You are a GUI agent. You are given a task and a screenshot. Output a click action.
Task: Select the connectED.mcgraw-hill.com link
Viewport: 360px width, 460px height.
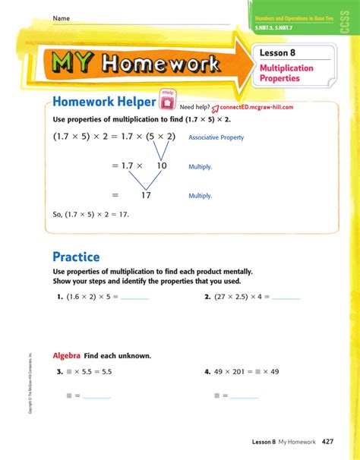click(254, 108)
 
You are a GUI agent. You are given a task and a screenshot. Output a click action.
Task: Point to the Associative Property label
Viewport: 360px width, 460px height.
click(216, 137)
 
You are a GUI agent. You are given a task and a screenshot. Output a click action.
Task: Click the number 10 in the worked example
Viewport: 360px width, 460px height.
click(162, 165)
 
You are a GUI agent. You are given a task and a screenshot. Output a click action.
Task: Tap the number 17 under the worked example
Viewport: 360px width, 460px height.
click(146, 195)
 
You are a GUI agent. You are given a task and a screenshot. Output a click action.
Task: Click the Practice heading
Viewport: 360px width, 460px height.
click(76, 257)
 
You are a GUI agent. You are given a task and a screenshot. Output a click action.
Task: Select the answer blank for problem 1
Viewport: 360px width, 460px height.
click(134, 298)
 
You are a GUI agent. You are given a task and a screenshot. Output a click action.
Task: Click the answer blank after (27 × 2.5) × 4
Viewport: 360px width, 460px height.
click(286, 298)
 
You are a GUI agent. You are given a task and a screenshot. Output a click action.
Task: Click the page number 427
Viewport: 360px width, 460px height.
click(328, 441)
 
